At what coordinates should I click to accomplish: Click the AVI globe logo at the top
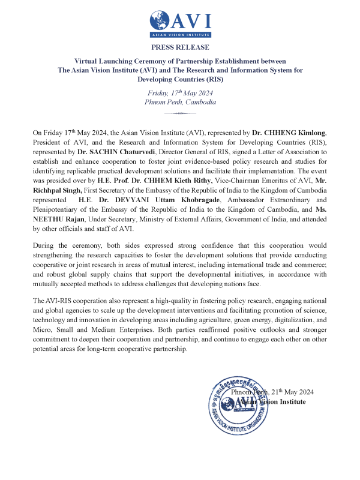click(160, 21)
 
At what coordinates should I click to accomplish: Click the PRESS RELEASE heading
click(180, 47)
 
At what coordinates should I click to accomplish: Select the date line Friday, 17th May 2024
click(180, 93)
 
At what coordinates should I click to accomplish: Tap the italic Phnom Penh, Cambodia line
click(180, 102)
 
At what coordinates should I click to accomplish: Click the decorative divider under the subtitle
click(180, 113)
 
